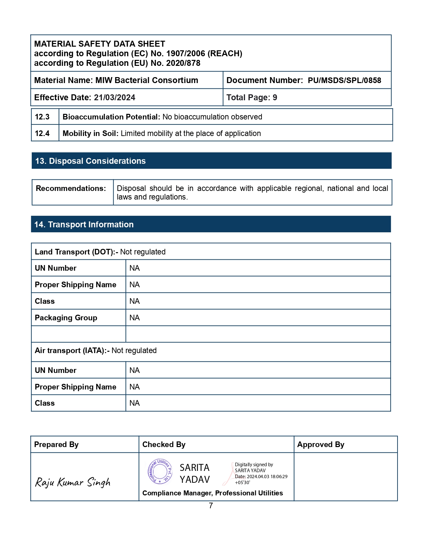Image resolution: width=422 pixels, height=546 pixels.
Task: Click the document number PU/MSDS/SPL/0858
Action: pyautogui.click(x=344, y=80)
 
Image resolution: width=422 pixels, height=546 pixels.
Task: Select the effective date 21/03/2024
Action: pyautogui.click(x=115, y=98)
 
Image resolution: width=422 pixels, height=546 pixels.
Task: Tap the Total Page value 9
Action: pyautogui.click(x=275, y=98)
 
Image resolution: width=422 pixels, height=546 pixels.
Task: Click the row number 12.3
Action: pyautogui.click(x=42, y=117)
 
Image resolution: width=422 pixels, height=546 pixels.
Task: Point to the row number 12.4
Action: pyautogui.click(x=42, y=133)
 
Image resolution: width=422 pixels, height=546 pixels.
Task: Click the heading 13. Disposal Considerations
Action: pyautogui.click(x=90, y=161)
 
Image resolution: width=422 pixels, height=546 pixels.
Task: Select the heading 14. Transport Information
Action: pyautogui.click(x=84, y=225)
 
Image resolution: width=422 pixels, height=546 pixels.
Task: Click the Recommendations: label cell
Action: pyautogui.click(x=71, y=189)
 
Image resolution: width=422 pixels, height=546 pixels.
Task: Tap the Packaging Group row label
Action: pyautogui.click(x=66, y=318)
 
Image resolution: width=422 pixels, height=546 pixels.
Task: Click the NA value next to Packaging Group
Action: pyautogui.click(x=134, y=318)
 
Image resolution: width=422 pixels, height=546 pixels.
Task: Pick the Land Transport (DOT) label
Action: pyautogui.click(x=76, y=252)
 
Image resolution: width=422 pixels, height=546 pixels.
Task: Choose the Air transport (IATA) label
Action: pyautogui.click(x=72, y=351)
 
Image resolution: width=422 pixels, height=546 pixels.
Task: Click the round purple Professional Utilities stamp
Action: pyautogui.click(x=160, y=471)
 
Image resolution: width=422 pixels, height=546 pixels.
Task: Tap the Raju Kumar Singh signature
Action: pyautogui.click(x=73, y=482)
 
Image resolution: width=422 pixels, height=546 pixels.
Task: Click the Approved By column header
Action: pyautogui.click(x=320, y=445)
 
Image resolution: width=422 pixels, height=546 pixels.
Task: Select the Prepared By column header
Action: pyautogui.click(x=56, y=445)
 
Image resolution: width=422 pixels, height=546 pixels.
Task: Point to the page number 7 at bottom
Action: pyautogui.click(x=211, y=506)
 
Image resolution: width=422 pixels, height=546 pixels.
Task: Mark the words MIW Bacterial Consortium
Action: pyautogui.click(x=147, y=80)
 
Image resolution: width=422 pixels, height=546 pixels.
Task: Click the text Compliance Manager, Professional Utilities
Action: pyautogui.click(x=212, y=493)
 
